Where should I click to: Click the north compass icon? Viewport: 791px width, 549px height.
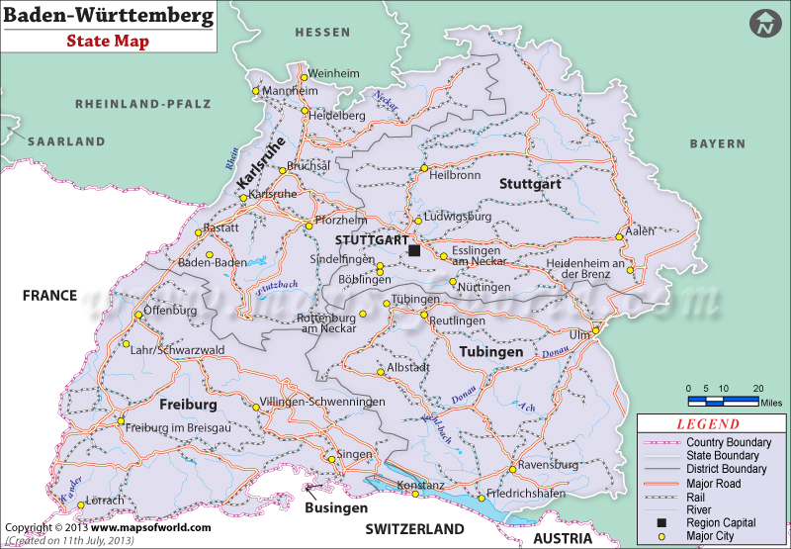click(764, 24)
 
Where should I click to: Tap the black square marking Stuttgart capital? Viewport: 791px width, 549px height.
click(414, 251)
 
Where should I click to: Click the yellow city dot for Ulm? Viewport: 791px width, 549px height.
click(595, 330)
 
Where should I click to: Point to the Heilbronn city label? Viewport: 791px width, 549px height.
click(455, 175)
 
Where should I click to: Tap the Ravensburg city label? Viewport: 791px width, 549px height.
click(546, 464)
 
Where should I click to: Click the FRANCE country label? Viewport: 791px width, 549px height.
click(49, 295)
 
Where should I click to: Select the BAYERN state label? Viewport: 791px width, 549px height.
click(718, 143)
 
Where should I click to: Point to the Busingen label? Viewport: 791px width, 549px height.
click(336, 507)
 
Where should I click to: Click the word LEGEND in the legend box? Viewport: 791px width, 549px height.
click(707, 423)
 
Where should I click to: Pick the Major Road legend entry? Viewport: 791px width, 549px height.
click(715, 483)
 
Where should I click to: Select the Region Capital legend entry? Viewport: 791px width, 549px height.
click(721, 523)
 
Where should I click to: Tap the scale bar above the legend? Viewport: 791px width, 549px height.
click(724, 401)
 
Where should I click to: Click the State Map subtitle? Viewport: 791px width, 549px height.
click(108, 42)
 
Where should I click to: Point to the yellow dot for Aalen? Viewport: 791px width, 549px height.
click(621, 236)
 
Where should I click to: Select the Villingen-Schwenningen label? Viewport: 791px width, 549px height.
click(321, 403)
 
